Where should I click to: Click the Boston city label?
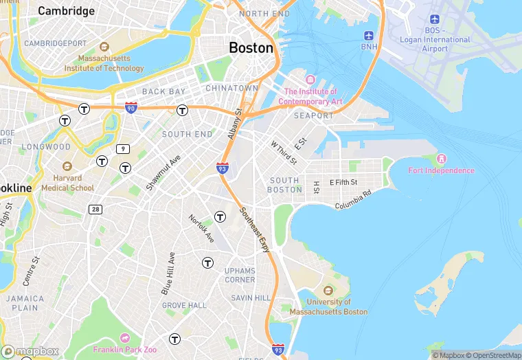pyautogui.click(x=251, y=48)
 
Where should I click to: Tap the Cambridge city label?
pyautogui.click(x=66, y=11)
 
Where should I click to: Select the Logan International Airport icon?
pyautogui.click(x=434, y=19)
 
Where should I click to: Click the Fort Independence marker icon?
pyautogui.click(x=441, y=159)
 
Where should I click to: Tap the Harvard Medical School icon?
pyautogui.click(x=67, y=166)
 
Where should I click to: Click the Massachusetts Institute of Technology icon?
pyautogui.click(x=104, y=47)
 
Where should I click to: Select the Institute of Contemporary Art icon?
pyautogui.click(x=310, y=80)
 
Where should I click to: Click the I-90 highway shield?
pyautogui.click(x=131, y=108)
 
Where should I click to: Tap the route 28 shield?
pyautogui.click(x=95, y=209)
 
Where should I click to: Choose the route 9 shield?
pyautogui.click(x=123, y=149)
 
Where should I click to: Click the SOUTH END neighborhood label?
pyautogui.click(x=187, y=135)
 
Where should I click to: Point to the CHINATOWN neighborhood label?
pyautogui.click(x=231, y=89)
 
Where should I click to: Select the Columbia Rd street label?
pyautogui.click(x=353, y=199)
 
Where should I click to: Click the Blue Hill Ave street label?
pyautogui.click(x=168, y=273)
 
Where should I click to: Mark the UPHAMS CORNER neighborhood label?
pyautogui.click(x=240, y=275)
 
